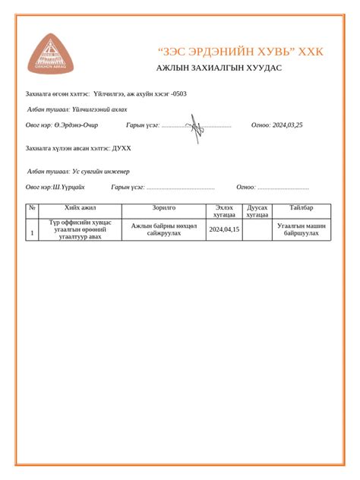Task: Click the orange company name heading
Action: point(240,52)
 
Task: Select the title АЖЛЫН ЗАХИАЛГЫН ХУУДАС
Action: point(219,68)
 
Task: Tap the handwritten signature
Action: point(196,126)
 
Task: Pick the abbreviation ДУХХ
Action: point(122,149)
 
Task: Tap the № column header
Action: point(32,207)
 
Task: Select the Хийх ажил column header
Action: point(81,207)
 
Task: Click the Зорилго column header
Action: point(164,207)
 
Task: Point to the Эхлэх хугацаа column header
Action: point(224,211)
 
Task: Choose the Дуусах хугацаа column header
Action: point(257,211)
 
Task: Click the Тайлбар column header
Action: point(302,207)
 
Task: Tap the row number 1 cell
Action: point(32,230)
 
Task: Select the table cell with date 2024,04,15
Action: point(224,229)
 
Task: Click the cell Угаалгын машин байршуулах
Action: point(302,229)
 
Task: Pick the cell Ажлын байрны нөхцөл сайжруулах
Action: point(164,229)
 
